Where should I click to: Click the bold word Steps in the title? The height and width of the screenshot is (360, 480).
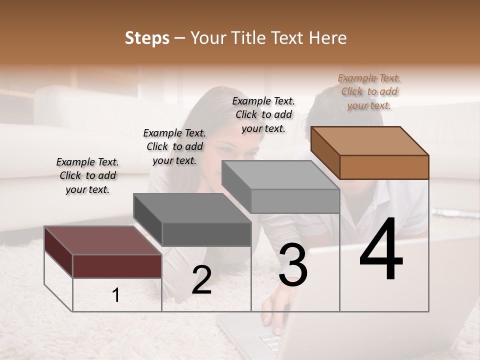(x=147, y=38)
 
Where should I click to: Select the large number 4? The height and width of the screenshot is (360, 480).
(x=381, y=250)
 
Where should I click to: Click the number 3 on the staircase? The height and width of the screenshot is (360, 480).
(x=293, y=265)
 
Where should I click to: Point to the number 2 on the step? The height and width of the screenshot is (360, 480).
(x=201, y=280)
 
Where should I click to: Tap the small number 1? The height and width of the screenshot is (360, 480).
(x=116, y=295)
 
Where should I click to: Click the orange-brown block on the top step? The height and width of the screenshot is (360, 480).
(x=370, y=152)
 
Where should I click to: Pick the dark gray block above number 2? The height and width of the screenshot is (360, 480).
(x=192, y=219)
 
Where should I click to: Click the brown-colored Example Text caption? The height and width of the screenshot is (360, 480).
(x=369, y=91)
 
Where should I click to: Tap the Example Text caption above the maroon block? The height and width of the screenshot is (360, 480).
(x=87, y=175)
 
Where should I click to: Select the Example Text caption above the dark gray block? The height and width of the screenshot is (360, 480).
(x=174, y=146)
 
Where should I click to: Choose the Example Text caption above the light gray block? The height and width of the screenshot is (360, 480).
(x=263, y=114)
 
